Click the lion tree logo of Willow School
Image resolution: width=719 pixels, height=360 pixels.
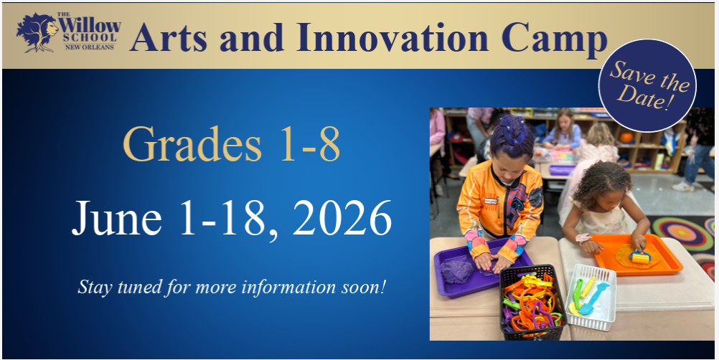37,32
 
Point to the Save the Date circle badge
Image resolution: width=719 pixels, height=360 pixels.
647,85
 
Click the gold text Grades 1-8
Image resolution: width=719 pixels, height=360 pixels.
231,143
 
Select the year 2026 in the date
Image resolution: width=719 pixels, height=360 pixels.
342,217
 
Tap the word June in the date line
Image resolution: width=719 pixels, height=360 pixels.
116,217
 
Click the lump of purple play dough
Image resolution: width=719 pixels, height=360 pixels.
457,270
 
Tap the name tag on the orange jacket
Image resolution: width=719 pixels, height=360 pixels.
491,201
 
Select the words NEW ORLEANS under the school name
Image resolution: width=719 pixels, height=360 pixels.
89,47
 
